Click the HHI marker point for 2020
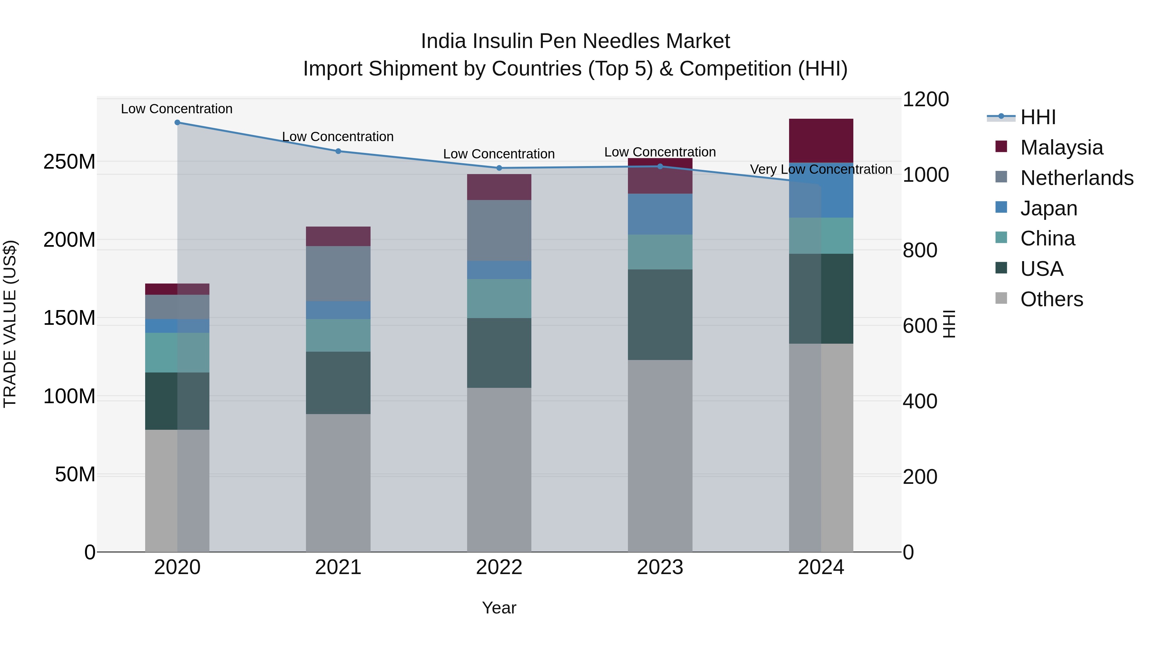[x=177, y=123]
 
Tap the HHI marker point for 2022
[x=499, y=168]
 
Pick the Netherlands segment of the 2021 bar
[x=338, y=273]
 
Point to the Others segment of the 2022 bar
[x=499, y=469]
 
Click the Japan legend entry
[x=1048, y=208]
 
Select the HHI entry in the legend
[x=1038, y=117]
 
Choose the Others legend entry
[x=1051, y=299]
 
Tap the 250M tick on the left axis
[x=69, y=162]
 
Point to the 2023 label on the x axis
[x=660, y=567]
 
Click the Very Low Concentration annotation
[x=821, y=170]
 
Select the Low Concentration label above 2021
[x=338, y=137]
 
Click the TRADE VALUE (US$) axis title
[x=10, y=324]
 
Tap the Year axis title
[x=499, y=608]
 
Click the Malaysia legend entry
[x=1061, y=148]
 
